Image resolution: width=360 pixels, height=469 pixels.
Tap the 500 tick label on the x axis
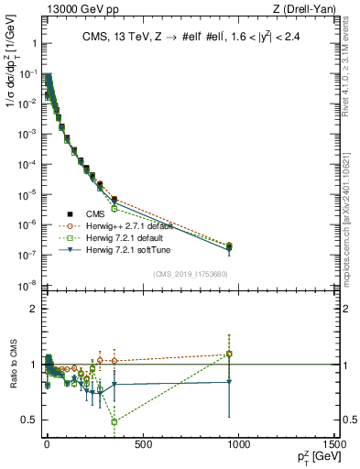coord(143,446)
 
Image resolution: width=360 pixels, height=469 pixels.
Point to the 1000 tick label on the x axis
coord(239,446)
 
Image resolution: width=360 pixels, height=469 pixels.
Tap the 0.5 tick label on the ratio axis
coord(27,420)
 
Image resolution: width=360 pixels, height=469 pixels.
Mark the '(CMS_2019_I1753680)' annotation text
coord(191,273)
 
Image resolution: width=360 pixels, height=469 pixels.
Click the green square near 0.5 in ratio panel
coord(114,422)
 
